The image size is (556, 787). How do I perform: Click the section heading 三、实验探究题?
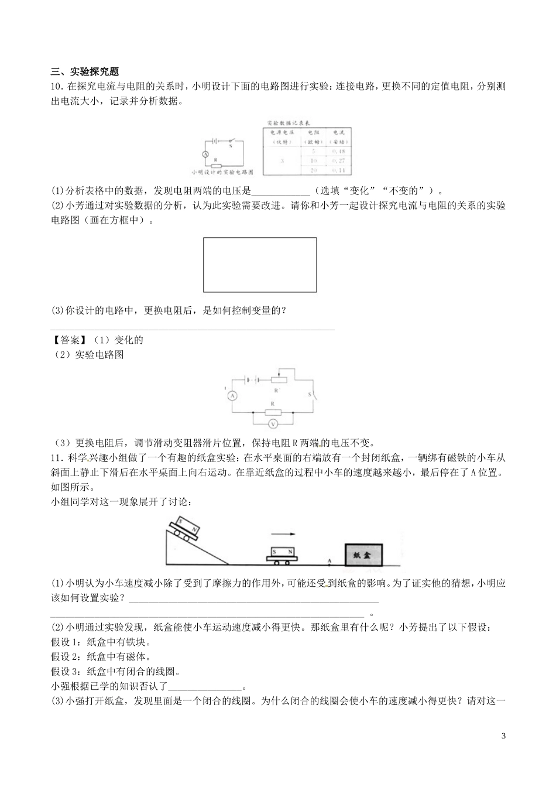pyautogui.click(x=85, y=71)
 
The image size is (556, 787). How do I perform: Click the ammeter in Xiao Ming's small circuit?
pyautogui.click(x=205, y=153)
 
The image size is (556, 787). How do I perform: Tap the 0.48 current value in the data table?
pyautogui.click(x=338, y=152)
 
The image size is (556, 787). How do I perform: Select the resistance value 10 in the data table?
pyautogui.click(x=313, y=160)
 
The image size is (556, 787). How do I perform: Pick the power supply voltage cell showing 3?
pyautogui.click(x=282, y=160)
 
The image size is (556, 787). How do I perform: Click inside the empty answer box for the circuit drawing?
pyautogui.click(x=260, y=264)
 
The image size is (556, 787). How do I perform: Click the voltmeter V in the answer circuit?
pyautogui.click(x=272, y=423)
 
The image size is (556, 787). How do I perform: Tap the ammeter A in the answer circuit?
pyautogui.click(x=232, y=396)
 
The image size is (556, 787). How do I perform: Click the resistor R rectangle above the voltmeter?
pyautogui.click(x=272, y=412)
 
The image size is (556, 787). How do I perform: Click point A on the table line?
pyautogui.click(x=329, y=564)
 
